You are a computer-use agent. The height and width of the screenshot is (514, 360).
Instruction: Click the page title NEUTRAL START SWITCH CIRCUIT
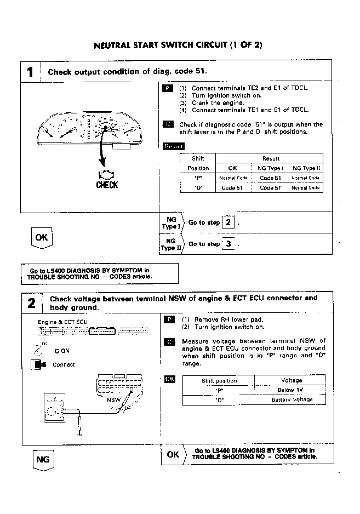pos(179,44)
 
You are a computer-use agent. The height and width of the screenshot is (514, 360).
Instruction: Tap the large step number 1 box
pos(31,72)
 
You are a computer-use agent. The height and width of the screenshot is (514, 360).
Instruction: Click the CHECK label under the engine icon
pos(107,185)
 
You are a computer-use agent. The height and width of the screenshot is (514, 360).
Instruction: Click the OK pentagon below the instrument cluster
pos(42,238)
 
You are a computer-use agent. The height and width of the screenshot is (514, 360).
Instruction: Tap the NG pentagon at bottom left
pos(42,460)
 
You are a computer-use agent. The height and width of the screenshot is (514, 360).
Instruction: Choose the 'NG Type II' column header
pos(306,168)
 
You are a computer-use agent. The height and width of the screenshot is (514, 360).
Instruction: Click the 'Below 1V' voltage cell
pos(290,390)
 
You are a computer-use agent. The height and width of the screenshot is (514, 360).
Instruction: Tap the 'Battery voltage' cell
pos(292,400)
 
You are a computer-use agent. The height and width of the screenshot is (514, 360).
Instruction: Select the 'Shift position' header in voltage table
pos(219,381)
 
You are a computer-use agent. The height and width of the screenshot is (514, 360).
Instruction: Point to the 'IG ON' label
pos(61,351)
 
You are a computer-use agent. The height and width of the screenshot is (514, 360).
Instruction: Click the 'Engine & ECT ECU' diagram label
pos(62,322)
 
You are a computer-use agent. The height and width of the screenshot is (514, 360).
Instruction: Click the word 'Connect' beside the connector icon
pos(64,365)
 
